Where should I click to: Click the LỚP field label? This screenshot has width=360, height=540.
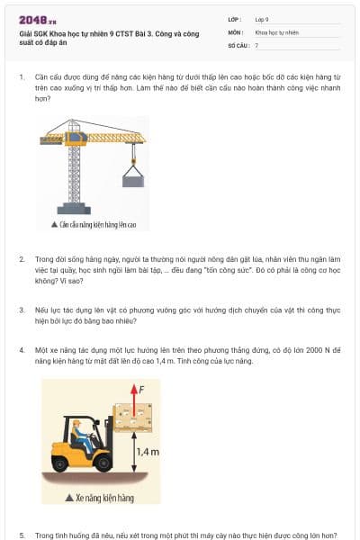(x=235, y=19)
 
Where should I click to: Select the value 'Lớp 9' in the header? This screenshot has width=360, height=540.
(x=262, y=19)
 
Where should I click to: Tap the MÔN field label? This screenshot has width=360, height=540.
(x=235, y=31)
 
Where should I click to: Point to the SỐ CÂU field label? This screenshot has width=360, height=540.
(x=238, y=44)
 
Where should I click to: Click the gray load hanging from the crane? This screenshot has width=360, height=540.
(x=134, y=180)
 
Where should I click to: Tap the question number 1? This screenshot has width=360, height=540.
(x=21, y=77)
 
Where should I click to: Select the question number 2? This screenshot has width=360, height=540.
(x=21, y=258)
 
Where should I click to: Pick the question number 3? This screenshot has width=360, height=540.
(x=21, y=309)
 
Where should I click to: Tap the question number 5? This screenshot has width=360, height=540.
(x=21, y=535)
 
